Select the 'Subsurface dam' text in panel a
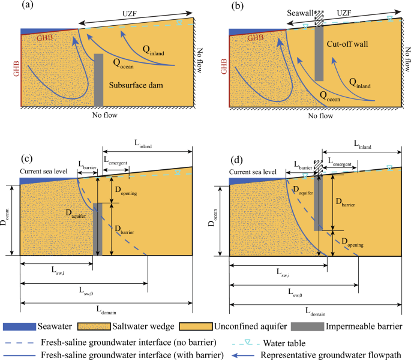137,86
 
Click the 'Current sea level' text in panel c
47,173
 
